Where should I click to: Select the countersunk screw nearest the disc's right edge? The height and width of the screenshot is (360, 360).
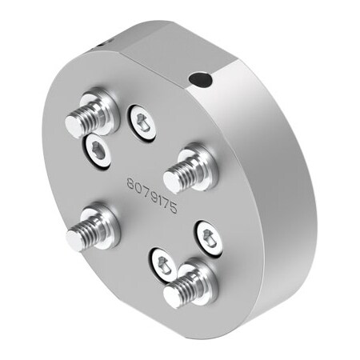(x=208, y=237)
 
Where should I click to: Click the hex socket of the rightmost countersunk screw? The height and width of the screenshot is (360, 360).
(x=208, y=237)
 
